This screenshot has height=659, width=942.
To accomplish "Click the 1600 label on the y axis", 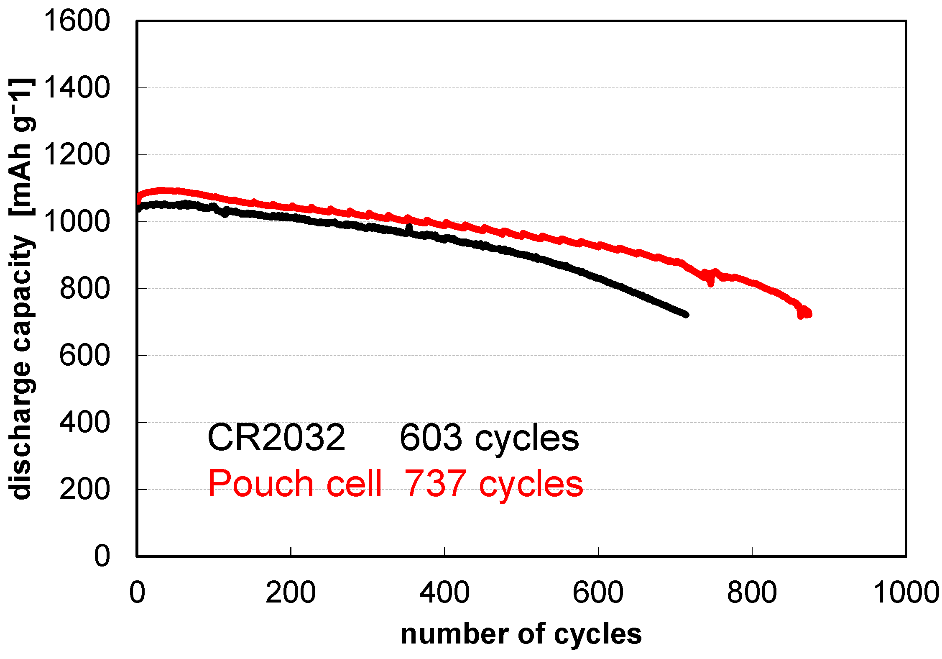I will (77, 21).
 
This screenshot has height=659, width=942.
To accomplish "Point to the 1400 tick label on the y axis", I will (77, 88).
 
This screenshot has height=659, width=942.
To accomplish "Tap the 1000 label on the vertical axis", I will (77, 222).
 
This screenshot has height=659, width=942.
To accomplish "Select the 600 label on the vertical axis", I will (84, 356).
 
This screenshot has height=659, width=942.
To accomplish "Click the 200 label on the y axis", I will (84, 489).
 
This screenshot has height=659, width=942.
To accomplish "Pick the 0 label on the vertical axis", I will (102, 556).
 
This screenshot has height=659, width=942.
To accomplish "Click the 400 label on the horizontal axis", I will (444, 592).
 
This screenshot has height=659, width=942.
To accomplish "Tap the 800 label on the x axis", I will (752, 592).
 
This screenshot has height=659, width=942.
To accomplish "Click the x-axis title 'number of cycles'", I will (521, 634).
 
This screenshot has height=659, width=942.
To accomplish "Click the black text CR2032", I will (276, 438).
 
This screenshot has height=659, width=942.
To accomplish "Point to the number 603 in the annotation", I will (431, 438).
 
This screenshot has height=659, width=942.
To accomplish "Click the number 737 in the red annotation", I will (435, 484).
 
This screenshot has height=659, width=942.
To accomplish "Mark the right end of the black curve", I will (686, 314).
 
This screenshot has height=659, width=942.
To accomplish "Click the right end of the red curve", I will (809, 313).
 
